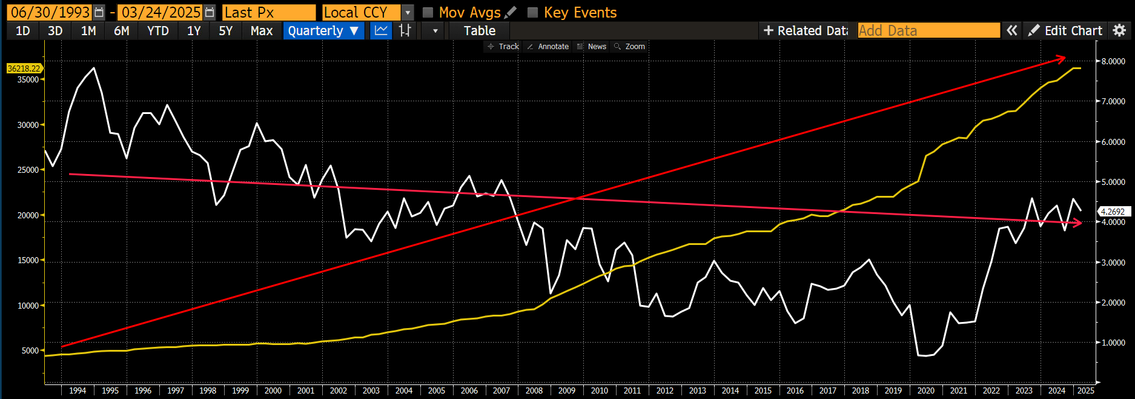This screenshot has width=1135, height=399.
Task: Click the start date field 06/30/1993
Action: click(x=50, y=12)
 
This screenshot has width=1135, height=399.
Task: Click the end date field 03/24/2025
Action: click(x=160, y=12)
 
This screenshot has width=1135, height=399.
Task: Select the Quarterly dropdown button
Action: click(x=323, y=31)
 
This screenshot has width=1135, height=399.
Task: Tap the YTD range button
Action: click(x=158, y=31)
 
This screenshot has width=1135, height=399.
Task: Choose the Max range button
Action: click(x=262, y=31)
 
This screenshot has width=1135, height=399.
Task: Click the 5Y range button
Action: click(x=225, y=31)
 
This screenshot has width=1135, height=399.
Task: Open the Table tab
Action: click(x=479, y=31)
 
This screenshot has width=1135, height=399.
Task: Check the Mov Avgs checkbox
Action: click(x=428, y=13)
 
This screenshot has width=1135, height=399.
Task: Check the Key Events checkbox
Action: click(x=533, y=13)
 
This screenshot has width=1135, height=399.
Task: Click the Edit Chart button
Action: click(x=1065, y=31)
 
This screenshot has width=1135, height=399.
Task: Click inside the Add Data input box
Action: click(x=928, y=31)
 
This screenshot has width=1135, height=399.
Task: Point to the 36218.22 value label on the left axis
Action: click(x=24, y=69)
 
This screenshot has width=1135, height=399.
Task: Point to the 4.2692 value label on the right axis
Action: click(x=1113, y=212)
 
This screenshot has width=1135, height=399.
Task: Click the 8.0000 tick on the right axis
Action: click(x=1113, y=61)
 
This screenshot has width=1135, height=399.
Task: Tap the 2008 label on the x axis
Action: click(x=534, y=391)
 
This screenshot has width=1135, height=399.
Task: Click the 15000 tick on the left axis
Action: click(x=28, y=260)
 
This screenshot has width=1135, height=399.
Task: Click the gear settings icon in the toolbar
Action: click(x=1119, y=30)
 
